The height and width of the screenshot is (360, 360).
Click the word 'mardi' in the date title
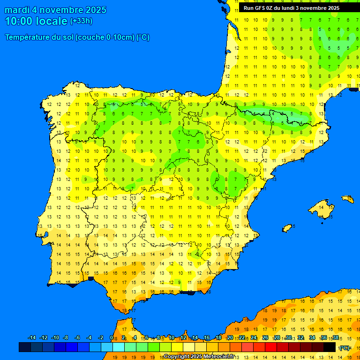pos(17,10)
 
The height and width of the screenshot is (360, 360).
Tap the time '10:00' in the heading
pos(19,21)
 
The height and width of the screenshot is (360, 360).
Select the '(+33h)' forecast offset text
pos(81,21)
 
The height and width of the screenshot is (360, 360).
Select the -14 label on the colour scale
pos(32,338)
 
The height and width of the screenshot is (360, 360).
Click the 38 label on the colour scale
pos(336,338)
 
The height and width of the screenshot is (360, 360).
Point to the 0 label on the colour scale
pos(112,338)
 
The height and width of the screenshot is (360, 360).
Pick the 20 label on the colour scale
pos(230,338)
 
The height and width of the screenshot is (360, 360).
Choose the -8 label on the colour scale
pos(66,338)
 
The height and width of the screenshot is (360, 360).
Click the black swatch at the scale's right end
pos(330,347)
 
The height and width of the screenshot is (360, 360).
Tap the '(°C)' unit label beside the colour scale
pos(345,348)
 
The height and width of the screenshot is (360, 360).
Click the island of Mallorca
pos(323,210)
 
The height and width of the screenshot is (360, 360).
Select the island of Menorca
pos(347,199)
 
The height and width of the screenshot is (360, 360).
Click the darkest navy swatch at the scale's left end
pos(25,347)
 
